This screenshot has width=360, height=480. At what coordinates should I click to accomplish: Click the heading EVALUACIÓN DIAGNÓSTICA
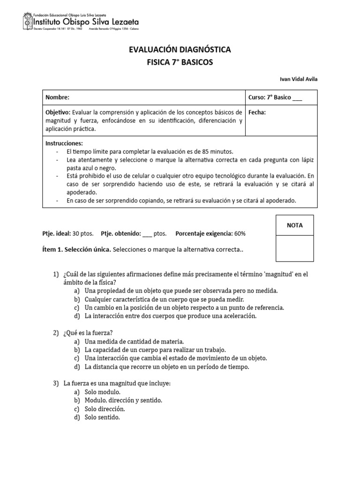click(180, 50)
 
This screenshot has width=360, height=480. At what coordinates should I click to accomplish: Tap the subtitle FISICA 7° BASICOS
click(180, 62)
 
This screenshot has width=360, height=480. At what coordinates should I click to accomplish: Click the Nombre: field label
click(57, 97)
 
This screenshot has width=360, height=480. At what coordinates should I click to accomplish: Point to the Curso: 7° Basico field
click(275, 97)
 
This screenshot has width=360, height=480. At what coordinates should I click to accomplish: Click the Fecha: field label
click(257, 112)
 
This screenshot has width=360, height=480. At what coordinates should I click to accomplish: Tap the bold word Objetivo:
click(57, 112)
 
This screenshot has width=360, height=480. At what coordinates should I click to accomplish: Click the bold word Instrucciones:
click(64, 143)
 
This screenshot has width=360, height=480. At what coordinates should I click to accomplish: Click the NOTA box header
click(295, 225)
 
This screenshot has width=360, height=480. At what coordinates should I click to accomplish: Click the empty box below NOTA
click(295, 248)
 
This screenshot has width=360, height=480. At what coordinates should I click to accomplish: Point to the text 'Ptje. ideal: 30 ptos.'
click(68, 233)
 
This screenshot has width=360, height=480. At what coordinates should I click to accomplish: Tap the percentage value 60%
click(240, 233)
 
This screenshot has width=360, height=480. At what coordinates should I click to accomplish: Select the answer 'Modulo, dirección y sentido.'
click(123, 400)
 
